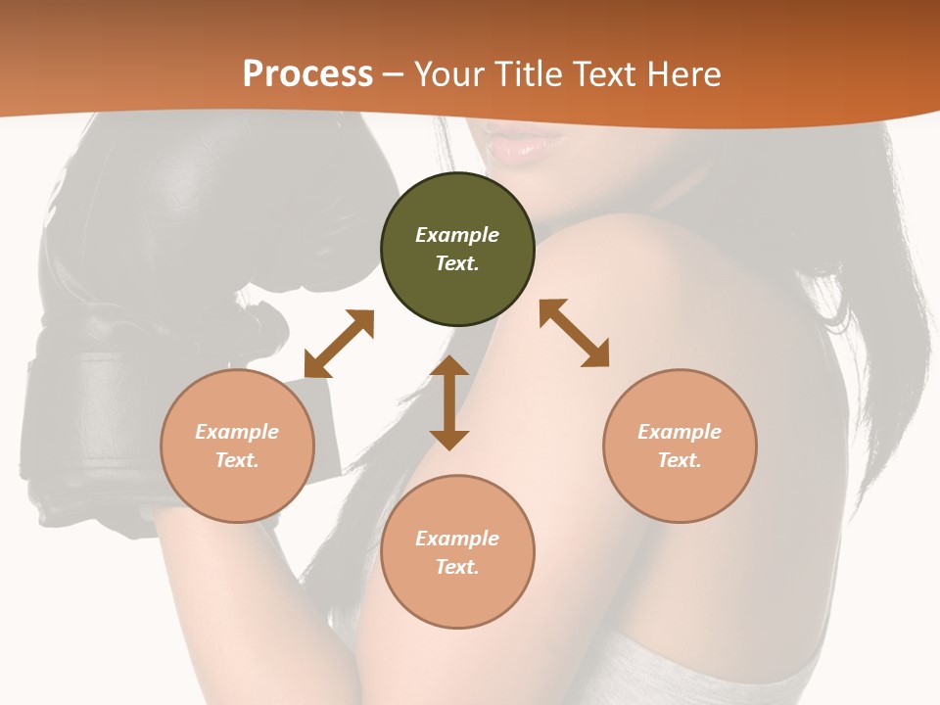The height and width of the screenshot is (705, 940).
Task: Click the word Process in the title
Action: [x=307, y=74]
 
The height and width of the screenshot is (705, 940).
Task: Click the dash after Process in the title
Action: [x=394, y=75]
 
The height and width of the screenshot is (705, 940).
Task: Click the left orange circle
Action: [x=237, y=446]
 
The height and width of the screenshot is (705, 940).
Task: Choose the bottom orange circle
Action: [x=457, y=552]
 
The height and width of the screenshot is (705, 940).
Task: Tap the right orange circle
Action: [x=680, y=446]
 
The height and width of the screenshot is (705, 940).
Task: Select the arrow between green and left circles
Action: [x=339, y=344]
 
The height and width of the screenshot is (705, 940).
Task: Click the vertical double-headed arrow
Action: [x=449, y=402]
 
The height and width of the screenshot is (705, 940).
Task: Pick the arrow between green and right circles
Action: [x=575, y=333]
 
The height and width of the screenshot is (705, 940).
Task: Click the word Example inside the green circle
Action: [x=457, y=235]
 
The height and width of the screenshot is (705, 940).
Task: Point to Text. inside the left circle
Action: [x=237, y=460]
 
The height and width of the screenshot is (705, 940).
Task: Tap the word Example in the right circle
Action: [x=680, y=432]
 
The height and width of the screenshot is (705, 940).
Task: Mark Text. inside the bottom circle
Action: [x=457, y=567]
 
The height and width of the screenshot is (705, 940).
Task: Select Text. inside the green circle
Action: [x=457, y=263]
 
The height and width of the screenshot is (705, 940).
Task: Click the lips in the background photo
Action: [x=523, y=146]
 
